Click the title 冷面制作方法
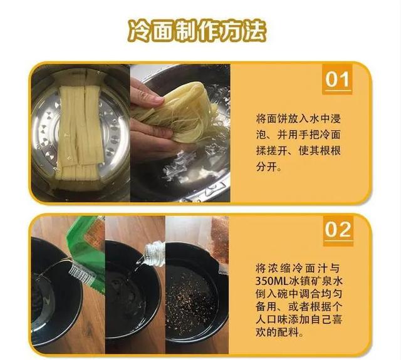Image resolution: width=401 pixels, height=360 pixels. [197, 31]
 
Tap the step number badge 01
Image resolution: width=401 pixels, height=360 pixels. [337, 80]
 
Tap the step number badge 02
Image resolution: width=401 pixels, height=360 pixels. [338, 230]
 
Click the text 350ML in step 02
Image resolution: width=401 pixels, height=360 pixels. [273, 281]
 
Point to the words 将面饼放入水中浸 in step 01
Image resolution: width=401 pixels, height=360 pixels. [298, 119]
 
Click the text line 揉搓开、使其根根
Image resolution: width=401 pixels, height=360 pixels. [298, 151]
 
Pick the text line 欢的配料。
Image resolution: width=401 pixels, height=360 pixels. [281, 332]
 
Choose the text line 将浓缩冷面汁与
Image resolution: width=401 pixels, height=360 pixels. [298, 269]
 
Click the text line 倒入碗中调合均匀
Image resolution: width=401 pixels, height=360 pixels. [299, 294]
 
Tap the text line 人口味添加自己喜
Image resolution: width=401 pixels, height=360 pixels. [299, 319]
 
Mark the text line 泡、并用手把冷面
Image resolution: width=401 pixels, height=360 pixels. [298, 135]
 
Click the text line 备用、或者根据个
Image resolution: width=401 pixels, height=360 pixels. [299, 307]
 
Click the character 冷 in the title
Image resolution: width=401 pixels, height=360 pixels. [139, 31]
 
